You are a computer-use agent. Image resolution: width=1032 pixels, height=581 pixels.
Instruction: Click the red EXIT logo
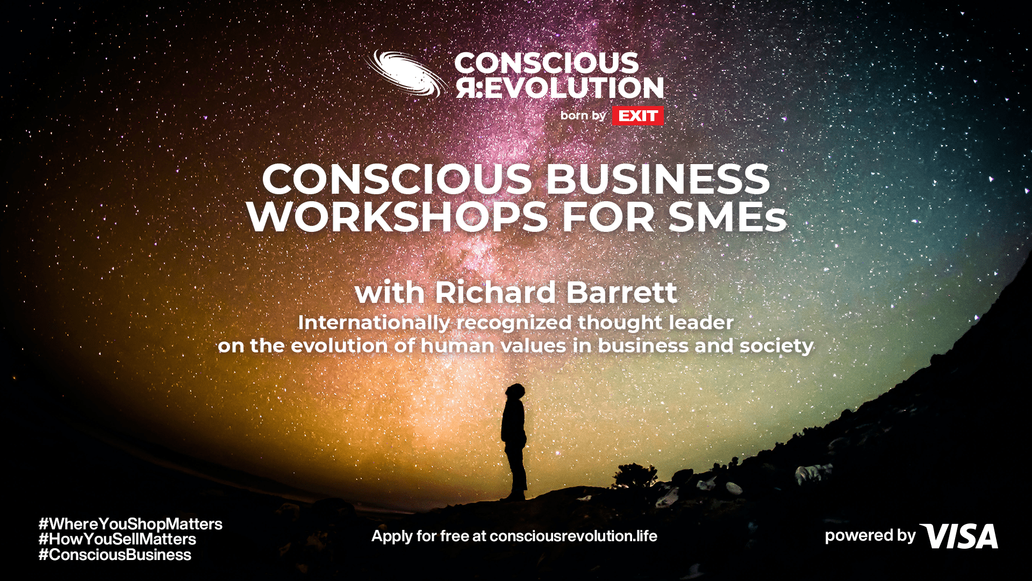click(638, 116)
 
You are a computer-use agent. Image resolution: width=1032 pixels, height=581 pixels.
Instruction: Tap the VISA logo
click(959, 536)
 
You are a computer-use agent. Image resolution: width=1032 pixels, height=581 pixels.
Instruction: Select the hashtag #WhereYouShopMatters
click(131, 524)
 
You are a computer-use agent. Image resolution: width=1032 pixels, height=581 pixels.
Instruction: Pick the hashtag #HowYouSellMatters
click(117, 539)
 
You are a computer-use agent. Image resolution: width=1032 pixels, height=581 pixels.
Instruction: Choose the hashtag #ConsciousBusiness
click(115, 555)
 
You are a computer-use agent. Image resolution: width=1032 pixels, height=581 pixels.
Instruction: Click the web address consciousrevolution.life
click(574, 536)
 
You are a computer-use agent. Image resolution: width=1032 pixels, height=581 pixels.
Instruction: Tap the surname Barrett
click(622, 293)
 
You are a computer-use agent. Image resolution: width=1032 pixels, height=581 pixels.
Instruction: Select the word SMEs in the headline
click(728, 217)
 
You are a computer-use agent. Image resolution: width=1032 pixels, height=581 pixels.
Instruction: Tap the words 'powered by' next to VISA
click(870, 536)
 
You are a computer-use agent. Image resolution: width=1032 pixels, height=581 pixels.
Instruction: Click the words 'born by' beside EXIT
click(583, 116)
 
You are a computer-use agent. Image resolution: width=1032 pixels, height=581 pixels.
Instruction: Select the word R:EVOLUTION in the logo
click(560, 88)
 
